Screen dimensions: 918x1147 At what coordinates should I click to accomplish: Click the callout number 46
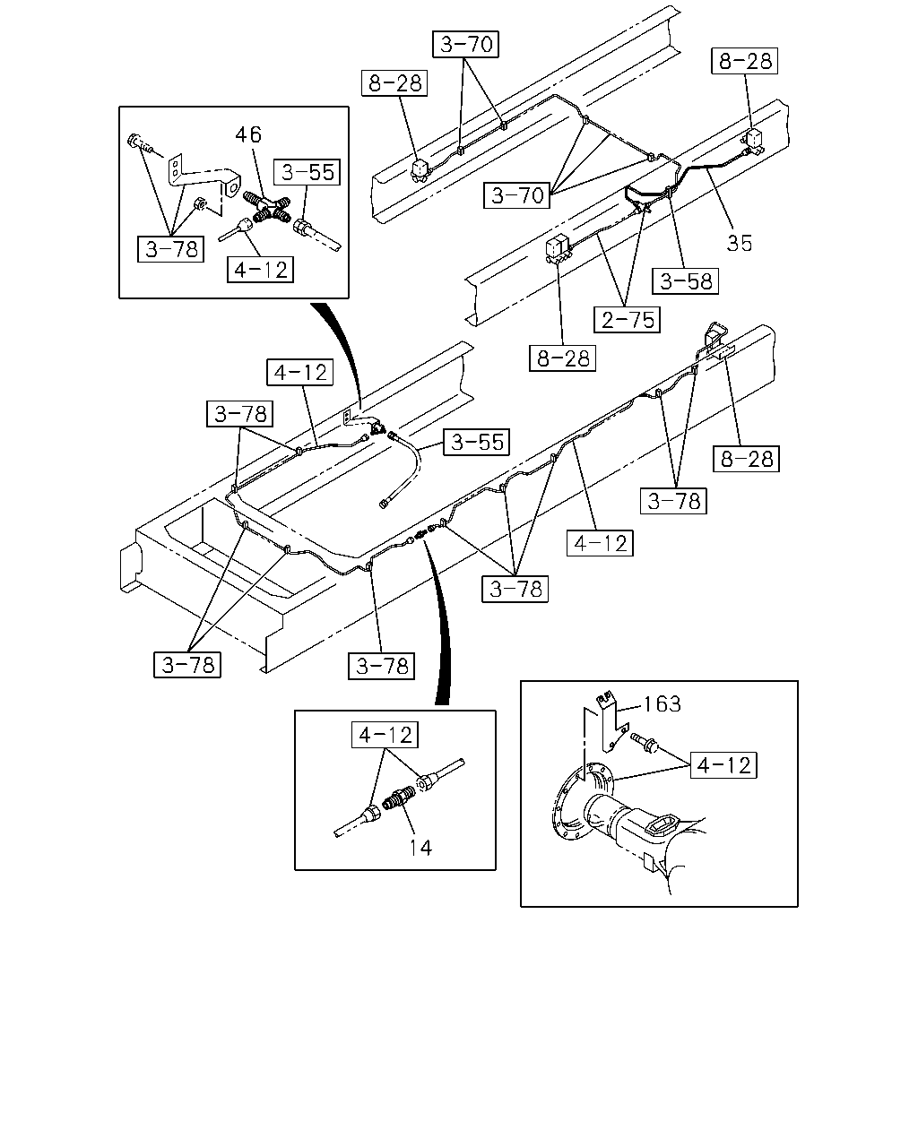pos(248,134)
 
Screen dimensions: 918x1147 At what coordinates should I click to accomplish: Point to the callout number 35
pos(740,243)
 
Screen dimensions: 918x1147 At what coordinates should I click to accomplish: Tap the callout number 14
pos(420,848)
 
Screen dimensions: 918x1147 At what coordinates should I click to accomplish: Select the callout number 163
pos(662,704)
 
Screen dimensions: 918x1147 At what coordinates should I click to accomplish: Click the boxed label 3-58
pos(686,280)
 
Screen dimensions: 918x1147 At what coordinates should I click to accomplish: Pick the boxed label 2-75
pos(628,320)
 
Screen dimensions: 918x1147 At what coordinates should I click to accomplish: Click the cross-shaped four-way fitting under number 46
pos(268,209)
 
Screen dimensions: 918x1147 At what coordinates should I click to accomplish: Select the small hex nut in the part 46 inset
pos(198,203)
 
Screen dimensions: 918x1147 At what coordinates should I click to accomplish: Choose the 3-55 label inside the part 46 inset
pos(307,172)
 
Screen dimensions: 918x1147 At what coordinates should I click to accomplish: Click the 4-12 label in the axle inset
pos(723,765)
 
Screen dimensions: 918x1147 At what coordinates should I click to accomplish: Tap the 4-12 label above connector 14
pos(385,735)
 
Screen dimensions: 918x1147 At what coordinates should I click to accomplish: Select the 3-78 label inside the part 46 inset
pos(170,249)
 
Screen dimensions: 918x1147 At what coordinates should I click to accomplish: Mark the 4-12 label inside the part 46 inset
pos(260,270)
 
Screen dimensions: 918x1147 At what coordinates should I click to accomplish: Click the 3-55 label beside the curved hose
pos(476,442)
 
